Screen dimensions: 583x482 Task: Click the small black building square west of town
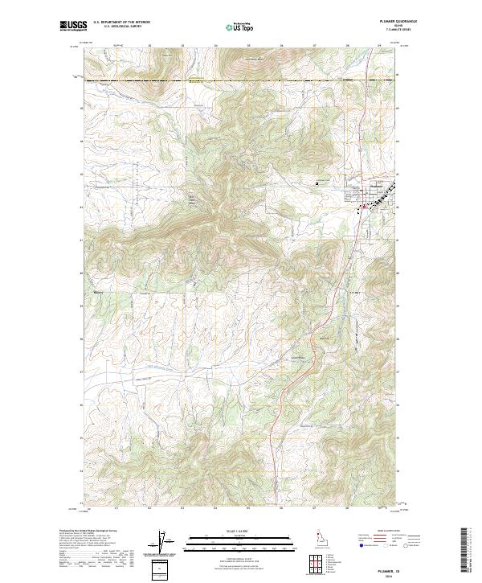click(x=317, y=183)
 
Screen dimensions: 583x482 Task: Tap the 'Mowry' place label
click(x=98, y=292)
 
